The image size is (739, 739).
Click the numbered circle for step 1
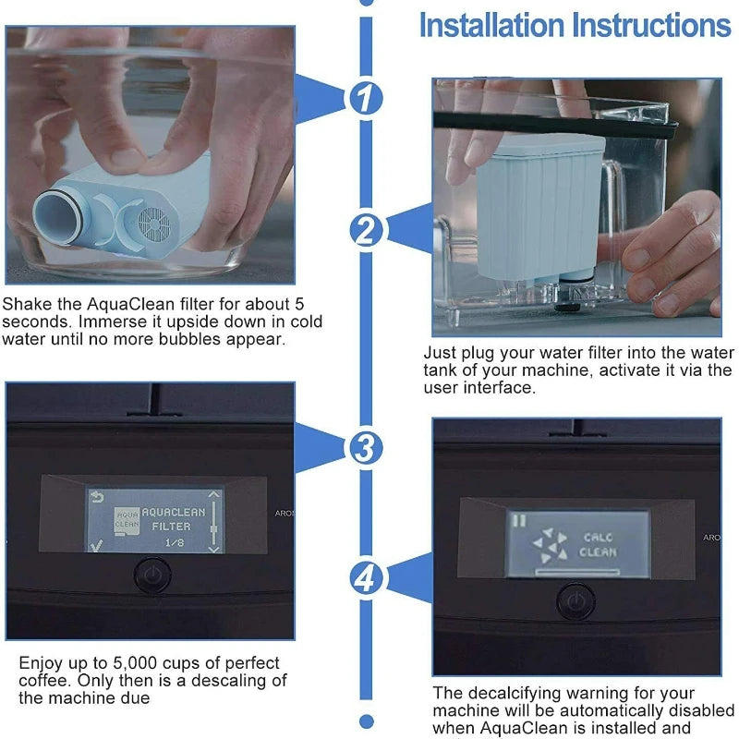(367, 96)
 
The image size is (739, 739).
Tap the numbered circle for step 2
(367, 229)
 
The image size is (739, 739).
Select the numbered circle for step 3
(367, 448)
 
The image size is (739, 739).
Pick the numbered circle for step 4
(367, 579)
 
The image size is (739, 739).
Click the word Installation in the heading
(491, 25)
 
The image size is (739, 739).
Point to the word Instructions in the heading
(651, 25)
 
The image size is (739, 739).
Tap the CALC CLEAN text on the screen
(597, 544)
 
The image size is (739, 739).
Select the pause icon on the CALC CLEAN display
(519, 520)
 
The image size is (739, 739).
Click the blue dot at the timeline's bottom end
(367, 721)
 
